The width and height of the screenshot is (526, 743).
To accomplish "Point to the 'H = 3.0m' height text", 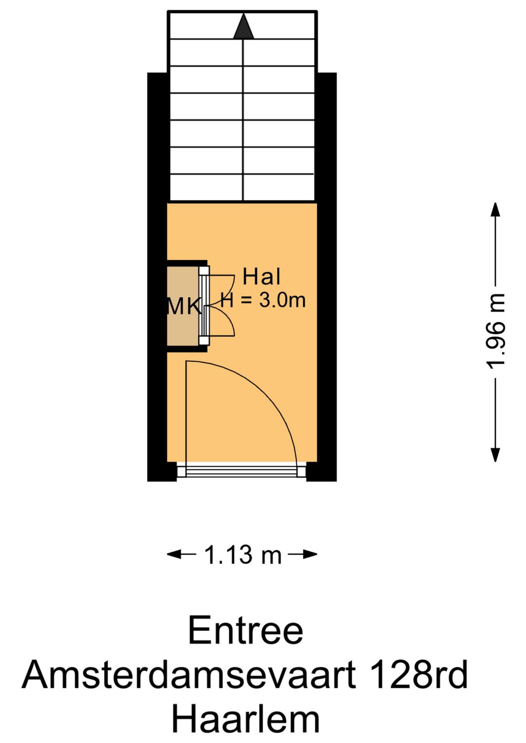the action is click(263, 300).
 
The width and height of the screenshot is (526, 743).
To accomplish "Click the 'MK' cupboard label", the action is click(184, 306).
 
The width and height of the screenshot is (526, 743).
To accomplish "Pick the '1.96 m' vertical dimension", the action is click(495, 331).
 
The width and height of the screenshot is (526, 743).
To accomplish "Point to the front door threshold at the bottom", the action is click(242, 471).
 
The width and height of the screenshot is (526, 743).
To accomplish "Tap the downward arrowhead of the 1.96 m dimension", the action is click(495, 454).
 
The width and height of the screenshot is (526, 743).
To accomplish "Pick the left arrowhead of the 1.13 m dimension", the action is click(174, 554).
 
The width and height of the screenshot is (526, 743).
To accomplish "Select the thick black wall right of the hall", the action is click(327, 332).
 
